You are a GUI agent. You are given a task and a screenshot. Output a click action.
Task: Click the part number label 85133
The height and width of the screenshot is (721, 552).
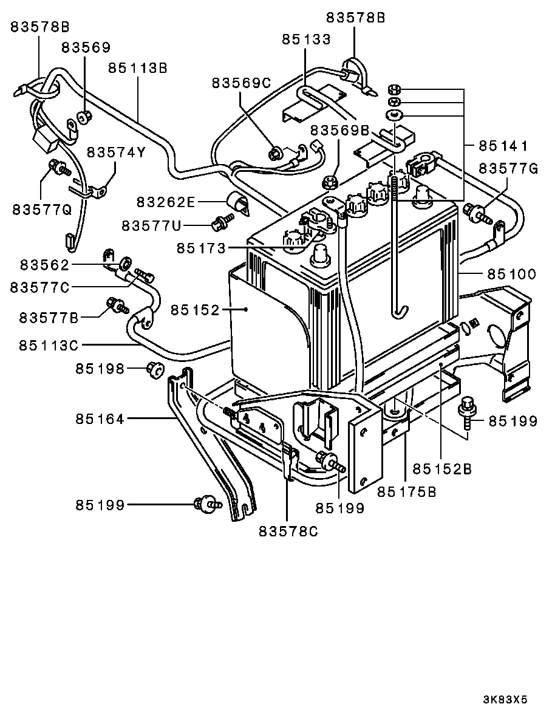[x=306, y=39]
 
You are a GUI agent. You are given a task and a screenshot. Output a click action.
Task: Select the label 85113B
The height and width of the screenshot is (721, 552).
[x=138, y=68]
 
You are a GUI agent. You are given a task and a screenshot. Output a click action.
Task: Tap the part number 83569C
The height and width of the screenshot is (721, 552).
[x=241, y=83]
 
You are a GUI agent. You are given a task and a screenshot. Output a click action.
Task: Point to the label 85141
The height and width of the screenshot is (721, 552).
[x=503, y=146]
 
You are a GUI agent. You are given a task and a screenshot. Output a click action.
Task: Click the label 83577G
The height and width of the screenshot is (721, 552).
[x=508, y=168]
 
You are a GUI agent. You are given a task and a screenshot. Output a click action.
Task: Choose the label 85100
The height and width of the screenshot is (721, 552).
[x=511, y=274]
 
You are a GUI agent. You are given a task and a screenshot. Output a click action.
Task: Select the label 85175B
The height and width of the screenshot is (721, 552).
[x=407, y=491]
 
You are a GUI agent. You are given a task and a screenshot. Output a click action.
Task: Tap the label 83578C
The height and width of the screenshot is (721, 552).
[x=288, y=531]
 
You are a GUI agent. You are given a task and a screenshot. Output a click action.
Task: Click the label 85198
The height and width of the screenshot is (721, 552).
[x=100, y=368]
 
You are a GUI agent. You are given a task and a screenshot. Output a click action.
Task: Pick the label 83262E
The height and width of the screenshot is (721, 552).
[x=166, y=202]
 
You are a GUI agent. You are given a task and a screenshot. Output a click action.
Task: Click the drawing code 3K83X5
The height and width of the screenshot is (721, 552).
[x=505, y=700]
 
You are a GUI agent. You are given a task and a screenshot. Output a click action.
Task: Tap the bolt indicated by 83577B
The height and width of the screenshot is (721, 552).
[x=117, y=306]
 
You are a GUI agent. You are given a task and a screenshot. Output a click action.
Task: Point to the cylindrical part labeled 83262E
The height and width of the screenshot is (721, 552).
[x=239, y=203]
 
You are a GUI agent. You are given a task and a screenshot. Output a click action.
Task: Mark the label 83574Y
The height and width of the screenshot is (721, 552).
[x=116, y=152]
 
